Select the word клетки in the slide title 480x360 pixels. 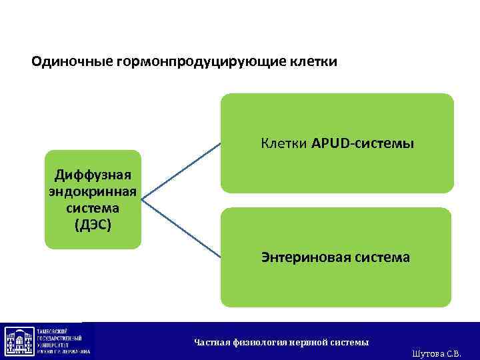[x=313, y=63]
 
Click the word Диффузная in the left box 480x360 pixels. [x=93, y=175]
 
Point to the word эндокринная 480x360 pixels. [x=93, y=192]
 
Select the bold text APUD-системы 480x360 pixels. [x=363, y=143]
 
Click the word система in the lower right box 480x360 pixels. [x=383, y=257]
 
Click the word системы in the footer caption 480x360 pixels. [x=347, y=342]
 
